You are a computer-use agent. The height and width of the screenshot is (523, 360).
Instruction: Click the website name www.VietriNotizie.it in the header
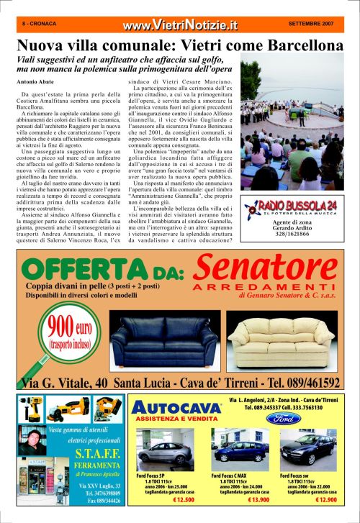[x=180, y=26]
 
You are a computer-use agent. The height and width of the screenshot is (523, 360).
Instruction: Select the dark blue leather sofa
[x=154, y=343]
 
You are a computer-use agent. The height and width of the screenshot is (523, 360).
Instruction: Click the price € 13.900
[x=245, y=499]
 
